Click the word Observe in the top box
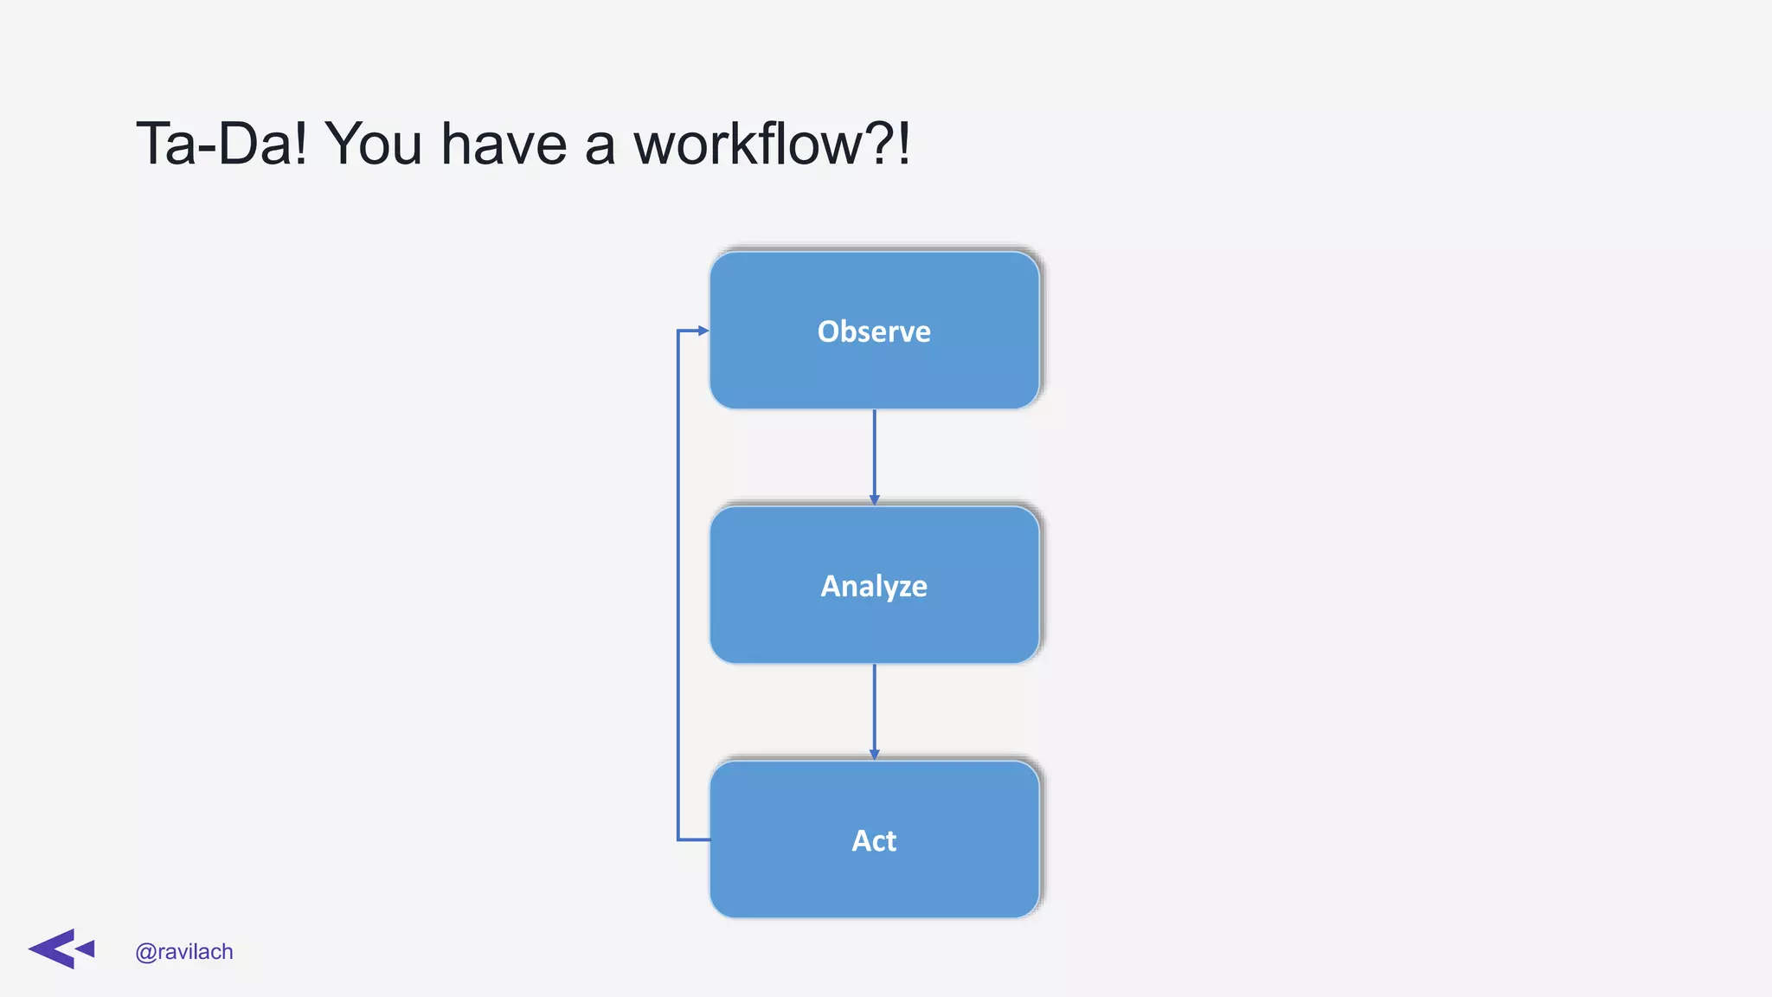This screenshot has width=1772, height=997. tap(874, 331)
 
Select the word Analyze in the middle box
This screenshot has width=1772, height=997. tap(874, 586)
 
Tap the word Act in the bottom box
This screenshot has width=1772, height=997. tap(874, 840)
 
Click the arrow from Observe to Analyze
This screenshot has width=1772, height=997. tap(874, 454)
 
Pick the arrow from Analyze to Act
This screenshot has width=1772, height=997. tap(874, 710)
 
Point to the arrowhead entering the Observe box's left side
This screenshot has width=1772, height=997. tap(703, 331)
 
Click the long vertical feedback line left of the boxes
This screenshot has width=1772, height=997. tap(677, 585)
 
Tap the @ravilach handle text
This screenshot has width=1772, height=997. tap(184, 952)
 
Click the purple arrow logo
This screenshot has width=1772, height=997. tap(61, 949)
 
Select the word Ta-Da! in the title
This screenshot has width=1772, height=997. tap(221, 144)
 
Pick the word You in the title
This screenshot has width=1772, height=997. tap(373, 144)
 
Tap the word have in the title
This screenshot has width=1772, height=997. tap(504, 144)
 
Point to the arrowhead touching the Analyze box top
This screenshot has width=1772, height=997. tap(874, 500)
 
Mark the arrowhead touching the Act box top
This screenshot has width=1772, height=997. tap(874, 755)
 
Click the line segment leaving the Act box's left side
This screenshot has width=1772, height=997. tap(694, 839)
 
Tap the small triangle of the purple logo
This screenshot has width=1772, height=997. tap(87, 949)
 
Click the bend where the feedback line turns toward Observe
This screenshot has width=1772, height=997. tap(678, 331)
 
